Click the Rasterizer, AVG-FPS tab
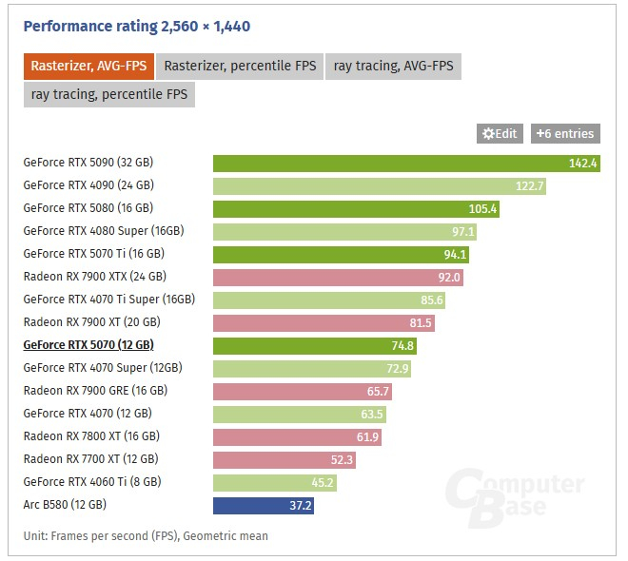click(88, 67)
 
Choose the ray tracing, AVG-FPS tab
click(394, 67)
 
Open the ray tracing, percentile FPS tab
click(109, 94)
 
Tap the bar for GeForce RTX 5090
click(406, 163)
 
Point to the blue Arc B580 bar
click(264, 505)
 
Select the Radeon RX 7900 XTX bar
click(340, 277)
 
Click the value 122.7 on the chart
click(530, 185)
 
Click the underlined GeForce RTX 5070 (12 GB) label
click(88, 345)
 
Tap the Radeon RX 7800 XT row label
click(91, 436)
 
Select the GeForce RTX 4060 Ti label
click(92, 482)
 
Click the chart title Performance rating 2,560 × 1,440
click(137, 27)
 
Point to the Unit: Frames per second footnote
click(146, 535)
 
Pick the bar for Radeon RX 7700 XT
click(271, 459)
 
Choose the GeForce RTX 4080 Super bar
click(345, 231)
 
